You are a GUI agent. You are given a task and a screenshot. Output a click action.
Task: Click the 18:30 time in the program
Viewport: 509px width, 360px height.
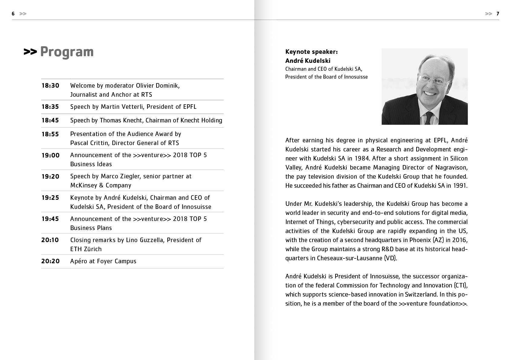point(50,86)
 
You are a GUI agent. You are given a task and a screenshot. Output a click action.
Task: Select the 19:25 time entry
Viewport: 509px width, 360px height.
point(50,198)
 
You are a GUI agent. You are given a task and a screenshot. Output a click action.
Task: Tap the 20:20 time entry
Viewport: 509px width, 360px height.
point(50,261)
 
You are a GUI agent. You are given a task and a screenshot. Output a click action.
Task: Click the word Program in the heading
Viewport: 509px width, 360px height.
point(67,52)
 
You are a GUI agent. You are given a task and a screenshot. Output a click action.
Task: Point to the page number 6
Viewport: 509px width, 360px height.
point(13,14)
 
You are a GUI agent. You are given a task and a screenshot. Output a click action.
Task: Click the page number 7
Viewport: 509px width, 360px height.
point(498,14)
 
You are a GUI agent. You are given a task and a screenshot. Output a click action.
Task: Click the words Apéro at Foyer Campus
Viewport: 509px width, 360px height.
point(103,261)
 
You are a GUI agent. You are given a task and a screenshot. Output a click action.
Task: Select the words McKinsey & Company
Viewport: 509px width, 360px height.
point(101,185)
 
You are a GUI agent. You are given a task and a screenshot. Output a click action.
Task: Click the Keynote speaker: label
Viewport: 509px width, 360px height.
point(311,52)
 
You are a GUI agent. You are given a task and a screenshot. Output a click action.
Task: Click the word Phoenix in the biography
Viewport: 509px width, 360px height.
point(420,240)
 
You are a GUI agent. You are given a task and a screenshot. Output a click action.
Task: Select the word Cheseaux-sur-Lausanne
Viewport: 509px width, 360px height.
point(349,258)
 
